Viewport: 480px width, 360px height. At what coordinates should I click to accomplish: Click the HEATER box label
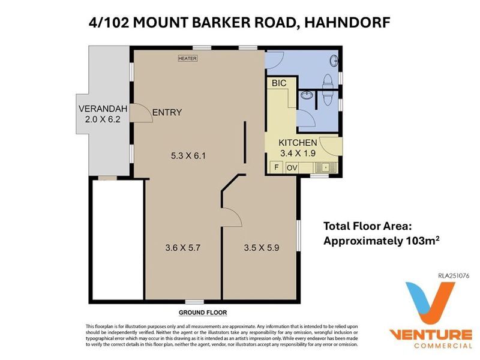click(x=188, y=58)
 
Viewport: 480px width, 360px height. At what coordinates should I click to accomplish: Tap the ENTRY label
click(x=167, y=112)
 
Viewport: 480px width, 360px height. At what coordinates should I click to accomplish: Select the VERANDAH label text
click(x=103, y=109)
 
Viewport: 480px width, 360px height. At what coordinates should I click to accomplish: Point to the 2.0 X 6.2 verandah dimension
click(x=103, y=119)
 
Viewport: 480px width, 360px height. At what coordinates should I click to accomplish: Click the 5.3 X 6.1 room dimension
click(x=188, y=156)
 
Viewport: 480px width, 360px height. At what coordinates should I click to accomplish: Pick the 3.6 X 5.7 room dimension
click(x=183, y=247)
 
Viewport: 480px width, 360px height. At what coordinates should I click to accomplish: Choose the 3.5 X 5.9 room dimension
click(x=262, y=247)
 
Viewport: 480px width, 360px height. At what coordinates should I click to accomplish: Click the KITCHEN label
click(x=298, y=143)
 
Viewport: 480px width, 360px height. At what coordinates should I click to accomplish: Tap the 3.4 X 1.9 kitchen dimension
click(x=298, y=153)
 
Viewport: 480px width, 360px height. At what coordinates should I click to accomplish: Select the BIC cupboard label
click(x=279, y=83)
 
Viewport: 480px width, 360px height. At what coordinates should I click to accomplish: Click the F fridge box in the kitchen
click(x=277, y=167)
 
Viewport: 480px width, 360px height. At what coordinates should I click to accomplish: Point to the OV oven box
click(x=292, y=168)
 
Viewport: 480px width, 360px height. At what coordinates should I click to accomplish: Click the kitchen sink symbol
click(x=325, y=167)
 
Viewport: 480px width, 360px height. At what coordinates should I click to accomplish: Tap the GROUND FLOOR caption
click(x=203, y=313)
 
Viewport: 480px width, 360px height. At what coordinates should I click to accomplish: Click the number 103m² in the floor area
click(x=423, y=241)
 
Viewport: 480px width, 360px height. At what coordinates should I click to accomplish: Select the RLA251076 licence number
click(x=454, y=275)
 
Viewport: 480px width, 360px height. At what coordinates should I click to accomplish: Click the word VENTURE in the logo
click(x=430, y=334)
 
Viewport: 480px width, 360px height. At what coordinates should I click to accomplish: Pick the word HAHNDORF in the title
click(x=347, y=22)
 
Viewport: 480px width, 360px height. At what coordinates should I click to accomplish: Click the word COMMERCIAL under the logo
click(x=443, y=346)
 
